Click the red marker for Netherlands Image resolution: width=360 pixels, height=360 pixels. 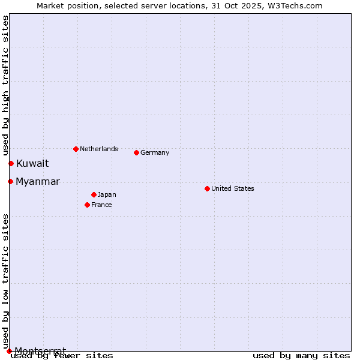coord(76,149)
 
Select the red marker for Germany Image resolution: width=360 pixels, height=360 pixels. coord(136,152)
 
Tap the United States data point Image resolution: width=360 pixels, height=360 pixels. coord(207,188)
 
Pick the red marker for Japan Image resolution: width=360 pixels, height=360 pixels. coord(94,194)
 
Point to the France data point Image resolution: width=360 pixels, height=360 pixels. coord(87,205)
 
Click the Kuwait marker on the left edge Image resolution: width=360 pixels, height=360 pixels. coord(11,163)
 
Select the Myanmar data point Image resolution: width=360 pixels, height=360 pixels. coord(10,181)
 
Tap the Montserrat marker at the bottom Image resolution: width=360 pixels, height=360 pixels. coord(9,351)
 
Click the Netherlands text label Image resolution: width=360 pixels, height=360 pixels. coord(99,149)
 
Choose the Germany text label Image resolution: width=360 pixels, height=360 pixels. coord(155,152)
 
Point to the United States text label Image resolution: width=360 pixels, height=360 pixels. coord(233,188)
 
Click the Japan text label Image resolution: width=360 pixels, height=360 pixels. coord(107,194)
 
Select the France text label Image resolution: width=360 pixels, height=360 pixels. coord(101,205)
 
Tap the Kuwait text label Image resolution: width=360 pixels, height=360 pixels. coord(32,163)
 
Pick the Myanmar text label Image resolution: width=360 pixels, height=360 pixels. coord(38,181)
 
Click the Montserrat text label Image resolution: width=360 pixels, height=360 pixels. coord(40,350)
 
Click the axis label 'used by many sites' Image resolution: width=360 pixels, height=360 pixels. coord(301,355)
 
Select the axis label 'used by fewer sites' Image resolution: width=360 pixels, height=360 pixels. coord(62,355)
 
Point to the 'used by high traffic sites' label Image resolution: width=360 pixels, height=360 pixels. coord(5,83)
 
